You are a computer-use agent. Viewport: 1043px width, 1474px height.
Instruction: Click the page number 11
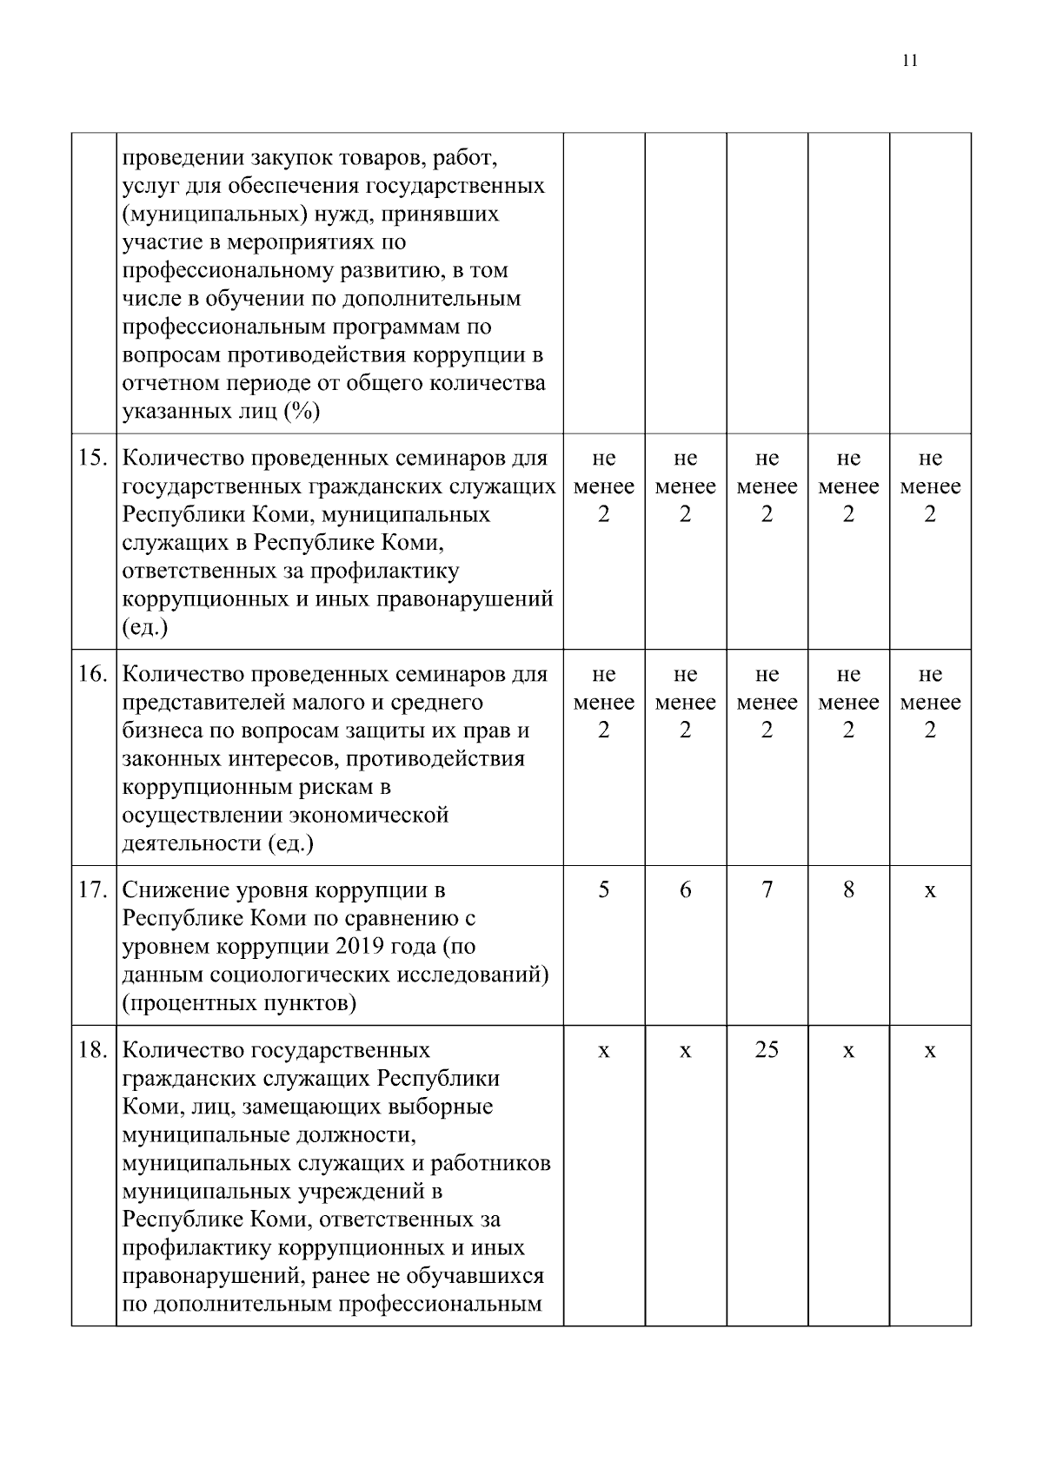pos(910,60)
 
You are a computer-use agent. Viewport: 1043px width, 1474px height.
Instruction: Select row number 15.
pos(93,458)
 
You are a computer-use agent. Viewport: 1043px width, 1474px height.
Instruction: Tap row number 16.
pos(93,674)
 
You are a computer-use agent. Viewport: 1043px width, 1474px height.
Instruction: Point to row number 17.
pos(93,890)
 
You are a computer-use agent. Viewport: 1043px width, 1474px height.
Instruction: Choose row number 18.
pos(93,1050)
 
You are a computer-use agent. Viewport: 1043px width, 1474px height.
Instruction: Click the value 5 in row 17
pos(603,890)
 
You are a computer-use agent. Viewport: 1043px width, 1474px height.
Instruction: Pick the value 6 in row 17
pos(685,890)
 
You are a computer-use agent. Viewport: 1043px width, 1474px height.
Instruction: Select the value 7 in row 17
pos(767,890)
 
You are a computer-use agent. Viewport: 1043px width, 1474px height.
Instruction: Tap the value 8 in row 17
pos(848,890)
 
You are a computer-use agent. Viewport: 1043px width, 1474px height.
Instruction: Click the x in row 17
pos(930,891)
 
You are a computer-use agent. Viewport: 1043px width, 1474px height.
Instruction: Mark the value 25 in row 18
pos(767,1050)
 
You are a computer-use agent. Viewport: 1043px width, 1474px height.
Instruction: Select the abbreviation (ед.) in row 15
pos(145,627)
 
